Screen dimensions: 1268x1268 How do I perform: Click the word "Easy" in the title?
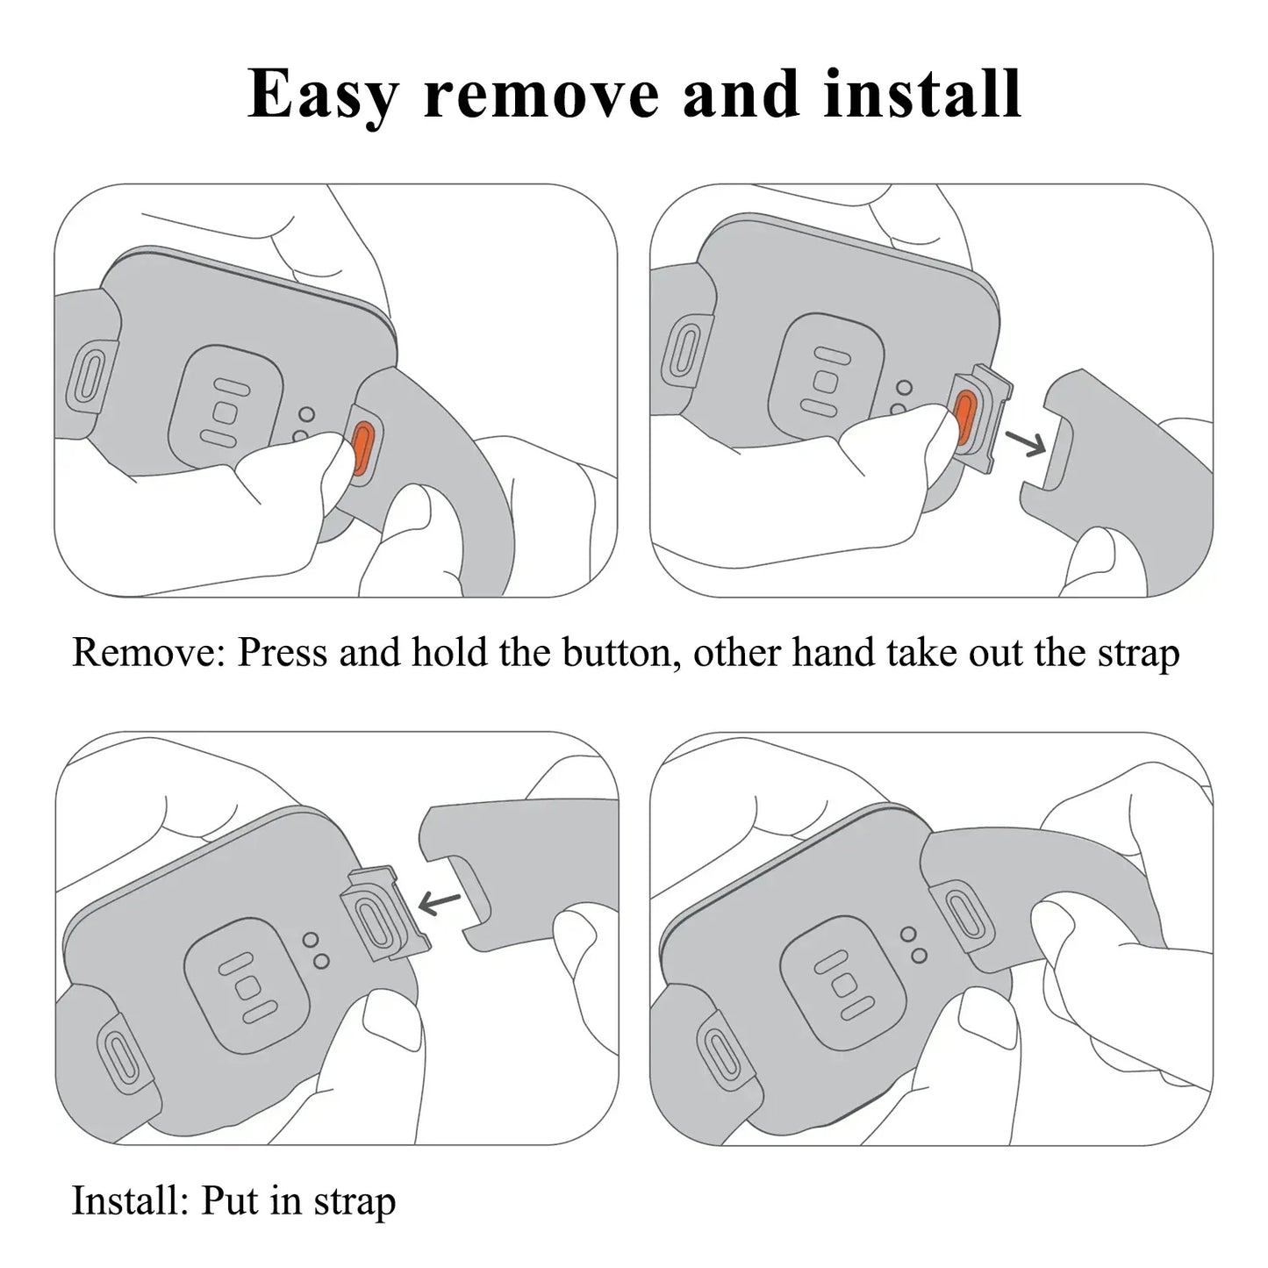[x=323, y=95]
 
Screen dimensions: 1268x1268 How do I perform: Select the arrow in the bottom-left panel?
[x=441, y=901]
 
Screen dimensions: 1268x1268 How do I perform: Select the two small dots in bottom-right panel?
[x=913, y=944]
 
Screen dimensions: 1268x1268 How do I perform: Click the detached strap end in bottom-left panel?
[x=509, y=869]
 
